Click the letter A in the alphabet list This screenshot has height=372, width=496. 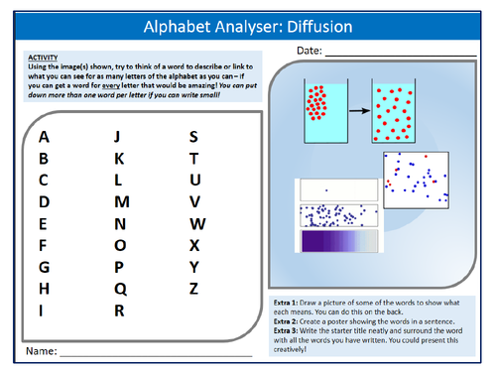tap(43, 137)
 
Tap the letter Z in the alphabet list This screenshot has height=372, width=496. tap(193, 288)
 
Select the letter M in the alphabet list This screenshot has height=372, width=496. tap(121, 202)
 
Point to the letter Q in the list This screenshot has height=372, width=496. tap(120, 288)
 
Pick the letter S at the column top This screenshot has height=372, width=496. tap(193, 137)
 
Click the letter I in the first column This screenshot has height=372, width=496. tap(43, 310)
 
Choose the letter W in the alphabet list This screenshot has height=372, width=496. tap(196, 223)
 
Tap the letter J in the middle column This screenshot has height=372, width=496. tap(118, 137)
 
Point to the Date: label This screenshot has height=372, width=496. tap(308, 50)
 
